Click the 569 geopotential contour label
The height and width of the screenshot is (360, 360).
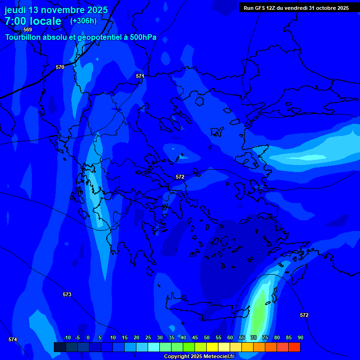28,30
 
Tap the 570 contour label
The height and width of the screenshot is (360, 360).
60,67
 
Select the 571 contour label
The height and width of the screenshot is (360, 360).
140,76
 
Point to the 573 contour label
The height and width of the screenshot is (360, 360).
67,294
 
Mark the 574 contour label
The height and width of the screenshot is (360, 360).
13,339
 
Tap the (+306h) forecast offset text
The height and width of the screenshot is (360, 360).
83,21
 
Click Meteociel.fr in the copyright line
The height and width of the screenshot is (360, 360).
218,356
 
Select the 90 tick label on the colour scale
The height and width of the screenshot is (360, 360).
300,337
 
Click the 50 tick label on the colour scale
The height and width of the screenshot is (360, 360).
207,337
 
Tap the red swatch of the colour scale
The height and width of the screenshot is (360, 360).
294,347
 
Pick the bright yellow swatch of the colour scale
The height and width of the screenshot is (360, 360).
212,347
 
